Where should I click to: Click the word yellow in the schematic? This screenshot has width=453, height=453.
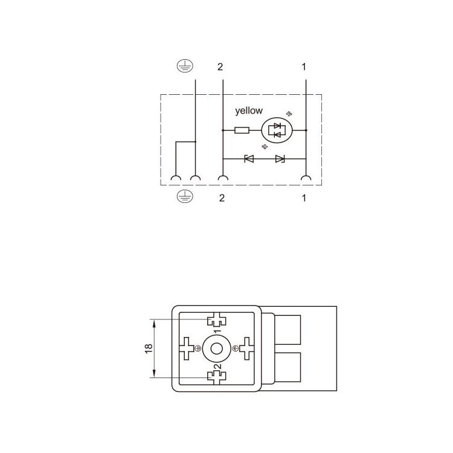coord(249,111)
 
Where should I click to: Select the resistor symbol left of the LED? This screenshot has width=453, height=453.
coord(242,130)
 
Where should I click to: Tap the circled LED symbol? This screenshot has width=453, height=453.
coord(277,130)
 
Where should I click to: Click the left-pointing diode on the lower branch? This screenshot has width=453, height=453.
coord(248,159)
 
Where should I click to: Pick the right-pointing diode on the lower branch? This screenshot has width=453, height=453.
coord(280,159)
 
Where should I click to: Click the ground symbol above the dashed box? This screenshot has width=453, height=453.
coord(182,66)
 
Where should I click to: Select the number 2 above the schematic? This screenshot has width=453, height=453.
coord(220,66)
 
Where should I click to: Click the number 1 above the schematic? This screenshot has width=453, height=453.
coord(304,66)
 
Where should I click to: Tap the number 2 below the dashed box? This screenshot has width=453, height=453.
coord(222,198)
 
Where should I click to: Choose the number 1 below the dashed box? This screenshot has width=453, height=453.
coord(304,198)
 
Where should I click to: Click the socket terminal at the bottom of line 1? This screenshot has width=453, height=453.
coord(306,178)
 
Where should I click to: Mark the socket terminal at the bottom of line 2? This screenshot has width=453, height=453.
coord(223,178)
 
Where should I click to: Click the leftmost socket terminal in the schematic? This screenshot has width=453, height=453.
coord(176,178)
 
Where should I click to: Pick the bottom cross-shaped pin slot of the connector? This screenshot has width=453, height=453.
coord(216,376)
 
